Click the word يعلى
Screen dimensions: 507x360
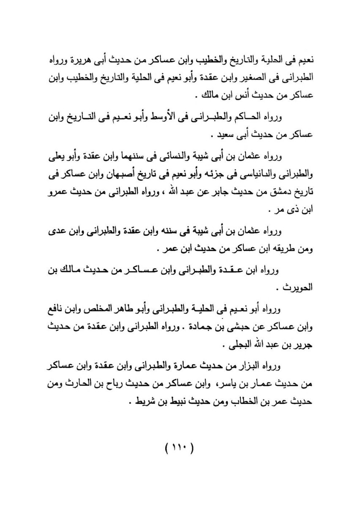(x=55, y=158)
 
